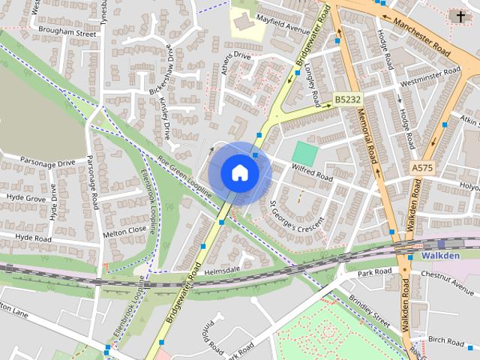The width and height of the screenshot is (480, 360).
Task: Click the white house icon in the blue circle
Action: [x=239, y=172]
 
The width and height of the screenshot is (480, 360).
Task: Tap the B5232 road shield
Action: [x=347, y=99]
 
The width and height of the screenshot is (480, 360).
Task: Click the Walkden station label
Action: [x=440, y=256]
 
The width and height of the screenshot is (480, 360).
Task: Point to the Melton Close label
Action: [x=124, y=231]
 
